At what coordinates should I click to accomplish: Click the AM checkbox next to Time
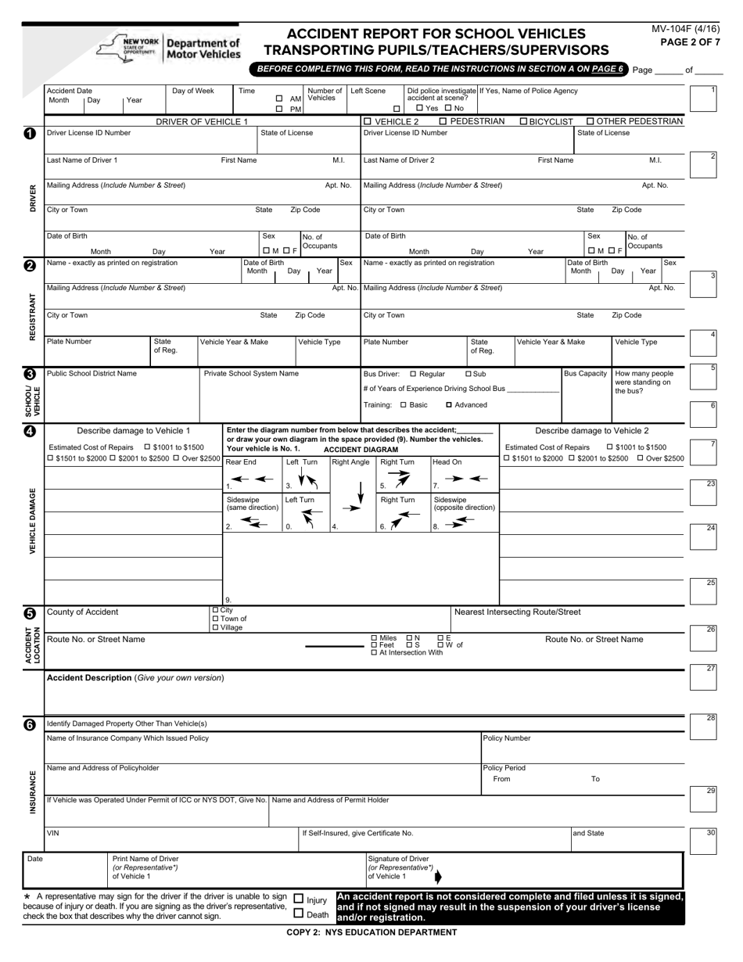point(279,99)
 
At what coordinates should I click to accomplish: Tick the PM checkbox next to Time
point(279,109)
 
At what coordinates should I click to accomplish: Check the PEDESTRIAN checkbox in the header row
point(443,121)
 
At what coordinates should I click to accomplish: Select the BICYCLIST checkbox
point(524,121)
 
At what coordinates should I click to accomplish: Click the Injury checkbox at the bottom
point(298,899)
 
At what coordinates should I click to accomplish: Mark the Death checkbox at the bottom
point(298,913)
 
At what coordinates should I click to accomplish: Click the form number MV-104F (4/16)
point(685,30)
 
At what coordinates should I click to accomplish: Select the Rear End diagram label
point(241,462)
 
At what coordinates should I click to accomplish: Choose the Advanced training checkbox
point(449,405)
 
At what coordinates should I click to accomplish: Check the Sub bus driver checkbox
point(468,374)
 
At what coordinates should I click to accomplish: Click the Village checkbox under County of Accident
point(216,627)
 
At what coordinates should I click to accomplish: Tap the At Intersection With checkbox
point(374,652)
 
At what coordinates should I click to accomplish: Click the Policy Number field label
point(506,738)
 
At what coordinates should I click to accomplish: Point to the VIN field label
point(53,833)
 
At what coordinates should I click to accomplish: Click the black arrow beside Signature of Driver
point(437,876)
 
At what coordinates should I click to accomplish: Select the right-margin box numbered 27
point(703,677)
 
